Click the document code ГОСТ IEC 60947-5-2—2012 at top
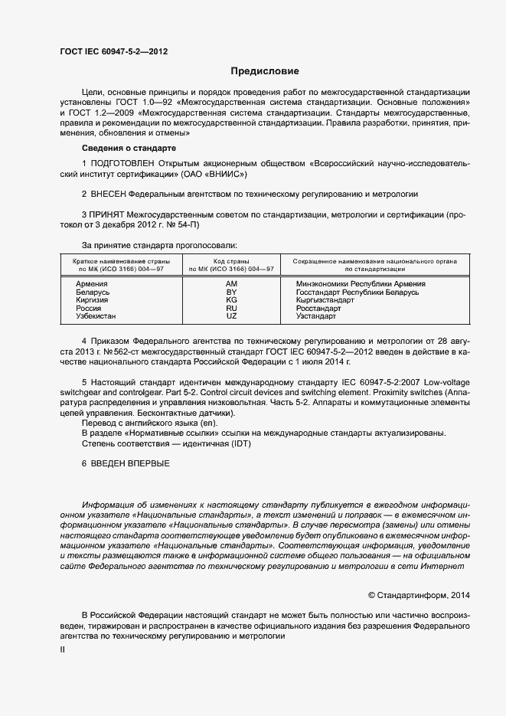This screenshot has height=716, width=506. coord(113,52)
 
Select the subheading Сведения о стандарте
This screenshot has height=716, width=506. coord(129,147)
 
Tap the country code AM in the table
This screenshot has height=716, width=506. coord(231,284)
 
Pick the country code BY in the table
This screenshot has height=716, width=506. coord(231,293)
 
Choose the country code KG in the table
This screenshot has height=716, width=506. coord(231,300)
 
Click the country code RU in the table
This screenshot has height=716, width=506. coord(231,309)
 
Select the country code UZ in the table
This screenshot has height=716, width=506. coord(231,316)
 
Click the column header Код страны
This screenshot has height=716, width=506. coord(231,261)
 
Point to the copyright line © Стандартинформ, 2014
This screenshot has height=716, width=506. coord(419,595)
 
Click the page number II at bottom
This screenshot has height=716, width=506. coord(62,649)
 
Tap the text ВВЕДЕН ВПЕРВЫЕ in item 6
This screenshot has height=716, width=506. coord(131,464)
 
